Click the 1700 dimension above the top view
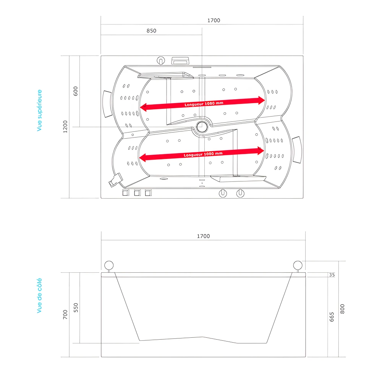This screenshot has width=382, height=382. (214, 21)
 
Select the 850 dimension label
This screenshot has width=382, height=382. (151, 31)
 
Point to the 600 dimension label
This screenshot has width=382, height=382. (76, 91)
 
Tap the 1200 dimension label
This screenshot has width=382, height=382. (65, 126)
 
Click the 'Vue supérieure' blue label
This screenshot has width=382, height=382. (39, 111)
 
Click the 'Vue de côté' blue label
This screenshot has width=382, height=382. (39, 296)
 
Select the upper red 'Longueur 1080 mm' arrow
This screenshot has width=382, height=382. (202, 104)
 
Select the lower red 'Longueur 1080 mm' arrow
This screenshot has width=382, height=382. (202, 154)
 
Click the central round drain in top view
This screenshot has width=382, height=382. (201, 126)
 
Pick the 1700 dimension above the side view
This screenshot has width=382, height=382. (203, 236)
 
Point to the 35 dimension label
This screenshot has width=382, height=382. (332, 275)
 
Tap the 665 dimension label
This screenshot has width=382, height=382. (332, 317)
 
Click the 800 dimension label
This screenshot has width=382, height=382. (342, 309)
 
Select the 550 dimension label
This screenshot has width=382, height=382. (76, 308)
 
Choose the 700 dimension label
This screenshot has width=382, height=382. (65, 315)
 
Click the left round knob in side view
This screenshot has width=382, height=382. (109, 265)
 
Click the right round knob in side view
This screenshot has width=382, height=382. (298, 265)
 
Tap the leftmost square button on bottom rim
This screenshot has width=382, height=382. (126, 193)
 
